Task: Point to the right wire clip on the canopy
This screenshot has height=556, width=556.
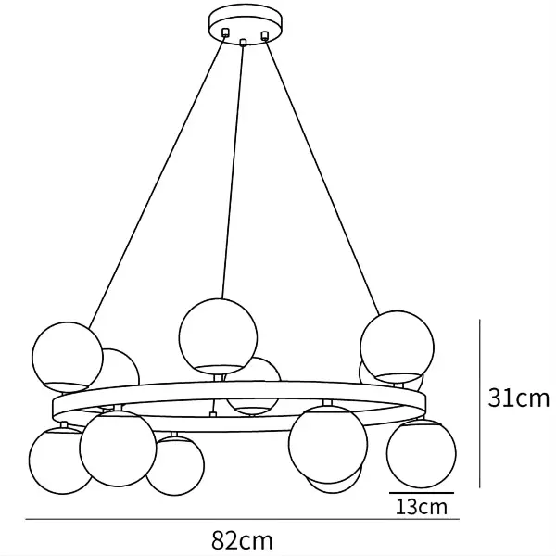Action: tap(265, 36)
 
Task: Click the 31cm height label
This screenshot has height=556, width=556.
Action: tap(519, 398)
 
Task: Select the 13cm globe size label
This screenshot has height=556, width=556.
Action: tap(422, 507)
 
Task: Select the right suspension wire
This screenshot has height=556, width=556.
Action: tap(324, 176)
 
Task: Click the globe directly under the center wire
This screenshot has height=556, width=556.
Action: tap(218, 334)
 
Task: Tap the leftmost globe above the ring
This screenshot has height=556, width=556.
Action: tap(67, 354)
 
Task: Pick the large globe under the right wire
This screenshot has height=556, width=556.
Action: tap(397, 345)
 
